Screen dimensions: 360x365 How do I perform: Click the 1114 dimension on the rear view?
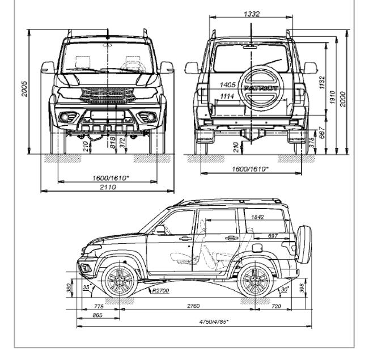(227, 96)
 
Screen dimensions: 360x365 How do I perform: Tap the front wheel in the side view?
(119, 279)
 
